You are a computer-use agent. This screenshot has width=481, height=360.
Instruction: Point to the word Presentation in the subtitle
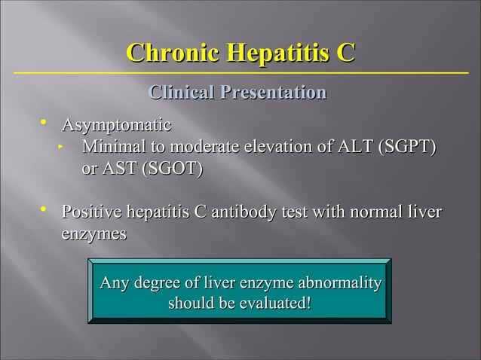click(273, 93)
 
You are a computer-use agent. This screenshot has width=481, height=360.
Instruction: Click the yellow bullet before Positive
click(44, 211)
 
